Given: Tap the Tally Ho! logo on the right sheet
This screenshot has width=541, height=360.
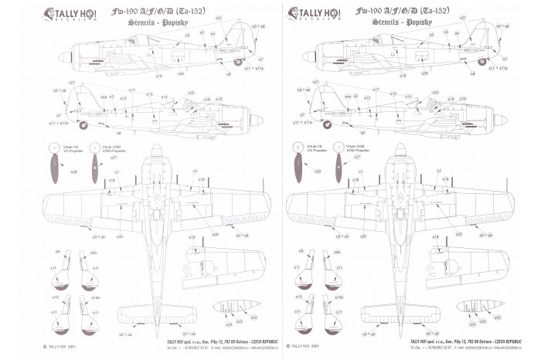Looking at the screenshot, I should point(319,15).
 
